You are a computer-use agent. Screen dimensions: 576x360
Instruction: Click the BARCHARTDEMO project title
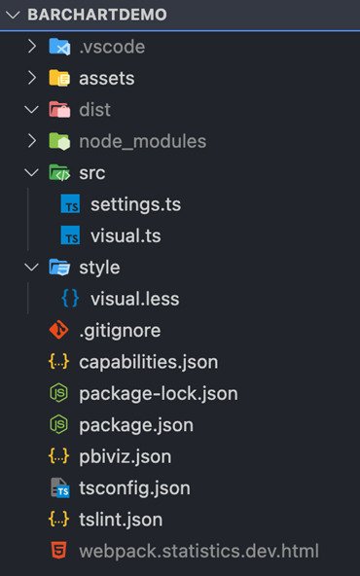point(97,16)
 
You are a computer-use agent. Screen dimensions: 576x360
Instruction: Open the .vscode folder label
point(113,47)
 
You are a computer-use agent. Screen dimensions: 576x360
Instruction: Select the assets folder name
point(107,78)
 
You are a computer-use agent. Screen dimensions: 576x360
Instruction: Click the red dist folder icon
point(60,110)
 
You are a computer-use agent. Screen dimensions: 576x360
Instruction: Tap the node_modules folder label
point(143,141)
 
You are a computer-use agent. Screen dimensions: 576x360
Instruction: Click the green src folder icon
point(60,173)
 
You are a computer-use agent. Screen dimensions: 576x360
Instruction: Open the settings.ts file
point(135,204)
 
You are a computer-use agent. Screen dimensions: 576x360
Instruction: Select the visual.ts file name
point(126,235)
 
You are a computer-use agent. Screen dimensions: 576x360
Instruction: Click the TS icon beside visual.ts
point(70,235)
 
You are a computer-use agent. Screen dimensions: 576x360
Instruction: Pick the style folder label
point(99,267)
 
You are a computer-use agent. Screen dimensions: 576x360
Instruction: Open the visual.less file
point(134,299)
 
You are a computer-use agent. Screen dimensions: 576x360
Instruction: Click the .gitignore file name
point(120,330)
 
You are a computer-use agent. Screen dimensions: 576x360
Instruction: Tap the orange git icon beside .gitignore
point(60,330)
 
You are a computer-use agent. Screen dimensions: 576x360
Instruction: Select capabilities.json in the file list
point(148,362)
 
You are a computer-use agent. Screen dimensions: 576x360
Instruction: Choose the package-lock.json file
point(158,393)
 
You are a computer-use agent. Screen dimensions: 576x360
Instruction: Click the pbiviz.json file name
point(126,456)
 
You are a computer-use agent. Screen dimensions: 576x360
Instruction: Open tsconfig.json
point(134,487)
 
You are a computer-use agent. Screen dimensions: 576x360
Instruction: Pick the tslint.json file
point(121,520)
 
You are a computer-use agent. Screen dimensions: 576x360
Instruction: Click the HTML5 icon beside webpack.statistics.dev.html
point(60,552)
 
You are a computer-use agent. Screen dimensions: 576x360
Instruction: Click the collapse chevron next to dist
point(31,110)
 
